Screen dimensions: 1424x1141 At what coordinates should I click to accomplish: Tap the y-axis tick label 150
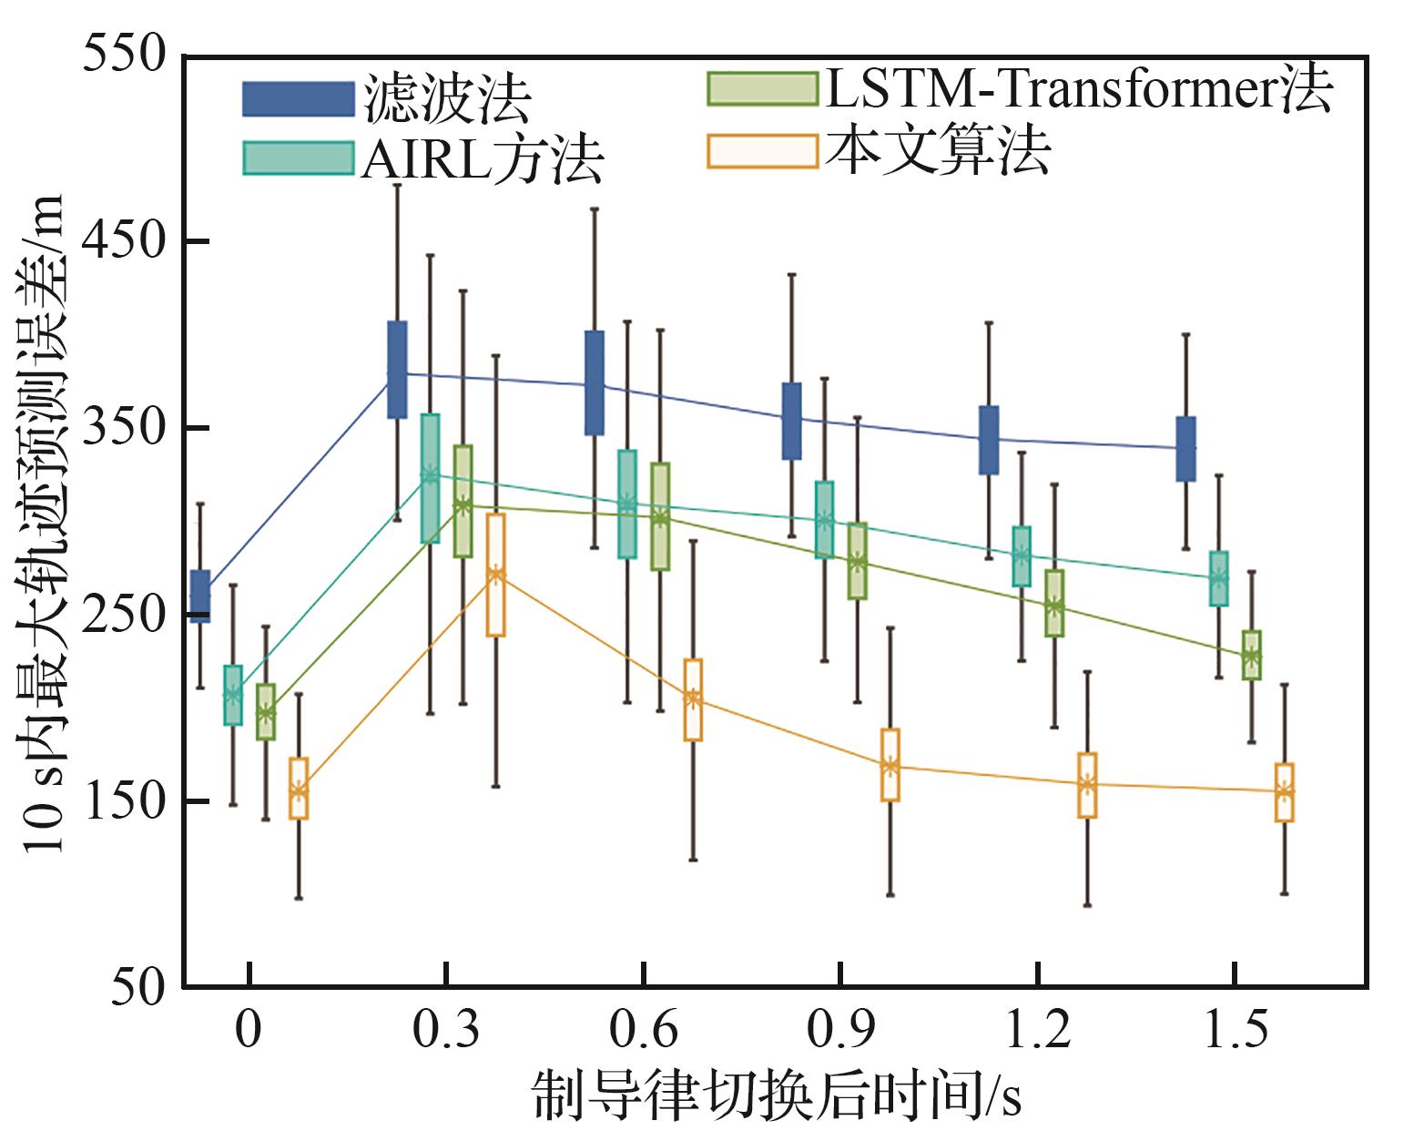coord(124,800)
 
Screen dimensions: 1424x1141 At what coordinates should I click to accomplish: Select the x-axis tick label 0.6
coord(643,1030)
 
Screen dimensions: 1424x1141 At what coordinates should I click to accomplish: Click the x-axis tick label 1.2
coord(1038,1030)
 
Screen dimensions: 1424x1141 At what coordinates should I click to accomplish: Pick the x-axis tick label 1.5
coord(1236,1030)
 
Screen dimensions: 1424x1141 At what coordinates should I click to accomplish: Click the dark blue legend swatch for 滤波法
coord(299,99)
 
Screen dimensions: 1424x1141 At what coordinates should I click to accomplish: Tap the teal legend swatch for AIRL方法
coord(299,158)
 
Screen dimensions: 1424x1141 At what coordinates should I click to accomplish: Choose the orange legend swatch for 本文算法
coord(762,151)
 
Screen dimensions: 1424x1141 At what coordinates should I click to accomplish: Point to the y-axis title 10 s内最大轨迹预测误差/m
coord(41,523)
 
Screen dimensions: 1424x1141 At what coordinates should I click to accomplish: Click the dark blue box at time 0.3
coord(397,370)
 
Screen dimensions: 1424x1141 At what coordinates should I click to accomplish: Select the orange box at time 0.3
coord(496,575)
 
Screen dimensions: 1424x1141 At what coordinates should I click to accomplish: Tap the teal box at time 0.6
coord(627,504)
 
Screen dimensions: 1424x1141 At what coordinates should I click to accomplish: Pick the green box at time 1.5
coord(1251,655)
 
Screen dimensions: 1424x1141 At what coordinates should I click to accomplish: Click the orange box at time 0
coord(299,789)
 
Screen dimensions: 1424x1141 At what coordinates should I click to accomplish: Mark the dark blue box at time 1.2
coord(989,440)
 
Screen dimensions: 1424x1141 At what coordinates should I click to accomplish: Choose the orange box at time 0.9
coord(890,764)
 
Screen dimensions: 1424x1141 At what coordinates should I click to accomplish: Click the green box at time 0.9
coord(858,561)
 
